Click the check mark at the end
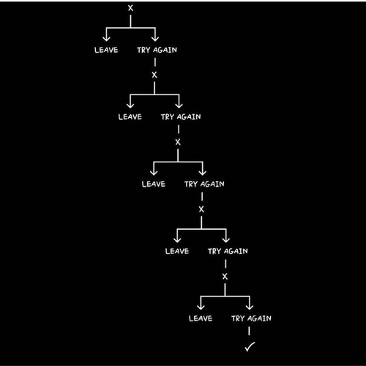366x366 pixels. (x=250, y=347)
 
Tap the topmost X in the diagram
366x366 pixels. (x=131, y=8)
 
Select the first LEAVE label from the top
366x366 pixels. (x=106, y=50)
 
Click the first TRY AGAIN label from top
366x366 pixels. (x=157, y=50)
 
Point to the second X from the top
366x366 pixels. (x=154, y=75)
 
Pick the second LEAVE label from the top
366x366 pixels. (x=130, y=117)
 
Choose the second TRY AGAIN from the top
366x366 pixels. (x=181, y=117)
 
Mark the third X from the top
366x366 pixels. (x=178, y=142)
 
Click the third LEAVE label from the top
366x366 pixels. (x=154, y=184)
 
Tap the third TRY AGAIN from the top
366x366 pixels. (x=204, y=184)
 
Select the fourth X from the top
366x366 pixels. (x=201, y=209)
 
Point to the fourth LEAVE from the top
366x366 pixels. (x=177, y=251)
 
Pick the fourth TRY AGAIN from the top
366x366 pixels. (x=228, y=251)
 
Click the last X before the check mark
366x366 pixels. (x=225, y=277)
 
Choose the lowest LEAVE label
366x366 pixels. (x=201, y=318)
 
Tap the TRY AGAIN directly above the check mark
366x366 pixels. (x=251, y=318)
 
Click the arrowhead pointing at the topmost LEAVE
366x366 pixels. (x=106, y=38)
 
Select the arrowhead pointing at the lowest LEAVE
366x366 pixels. (x=201, y=307)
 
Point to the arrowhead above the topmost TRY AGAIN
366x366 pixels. (x=155, y=38)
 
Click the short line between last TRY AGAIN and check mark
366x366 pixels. (x=249, y=331)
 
